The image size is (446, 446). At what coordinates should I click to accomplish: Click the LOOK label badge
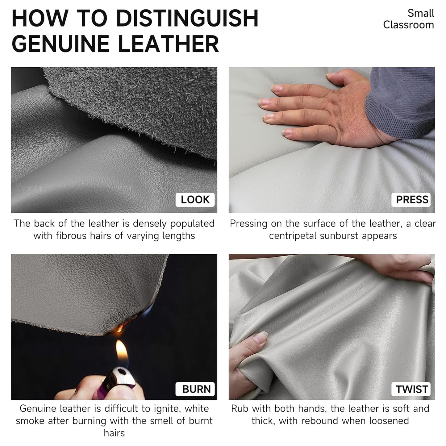195,199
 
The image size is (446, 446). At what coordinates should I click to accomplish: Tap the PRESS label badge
411,199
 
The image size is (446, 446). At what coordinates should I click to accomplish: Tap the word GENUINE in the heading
60,44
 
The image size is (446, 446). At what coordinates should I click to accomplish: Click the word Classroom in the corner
408,25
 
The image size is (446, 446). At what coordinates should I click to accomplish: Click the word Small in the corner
421,13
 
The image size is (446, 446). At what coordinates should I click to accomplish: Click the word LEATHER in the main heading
168,44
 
